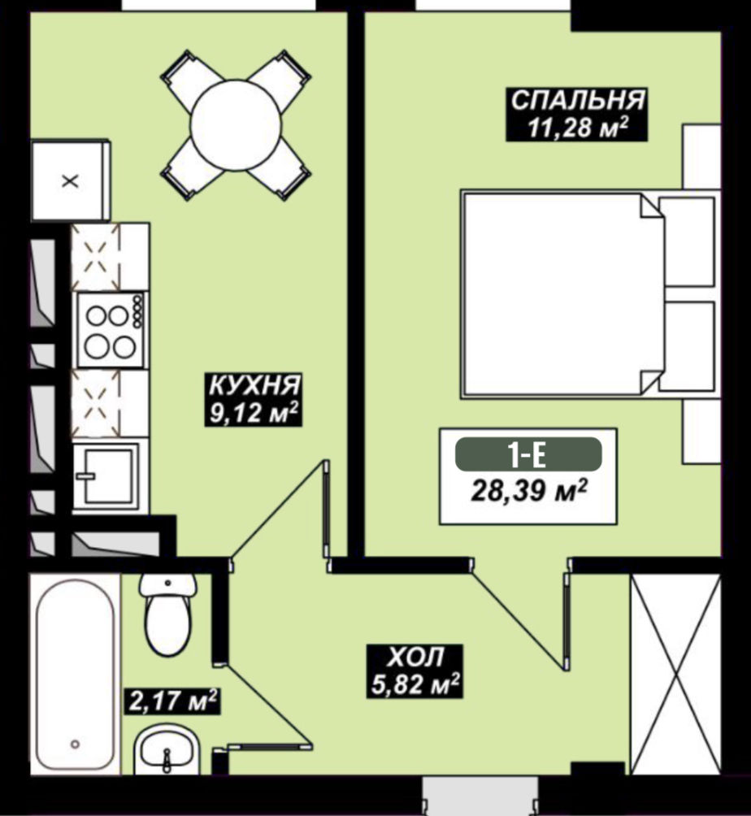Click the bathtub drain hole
pos(76,744)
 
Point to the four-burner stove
pos(111,330)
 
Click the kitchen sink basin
pos(108,476)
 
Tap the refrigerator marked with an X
pos(70,180)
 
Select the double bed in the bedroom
pos(588,295)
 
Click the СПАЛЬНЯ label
pos(577,101)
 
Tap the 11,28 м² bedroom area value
pos(577,128)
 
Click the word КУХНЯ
pos(254,385)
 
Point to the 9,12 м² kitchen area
pos(254,413)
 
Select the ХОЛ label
pos(415,658)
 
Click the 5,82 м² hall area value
pos(415,684)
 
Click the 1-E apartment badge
pos(528,455)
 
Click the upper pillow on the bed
pos(687,241)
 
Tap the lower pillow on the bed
pos(687,345)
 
